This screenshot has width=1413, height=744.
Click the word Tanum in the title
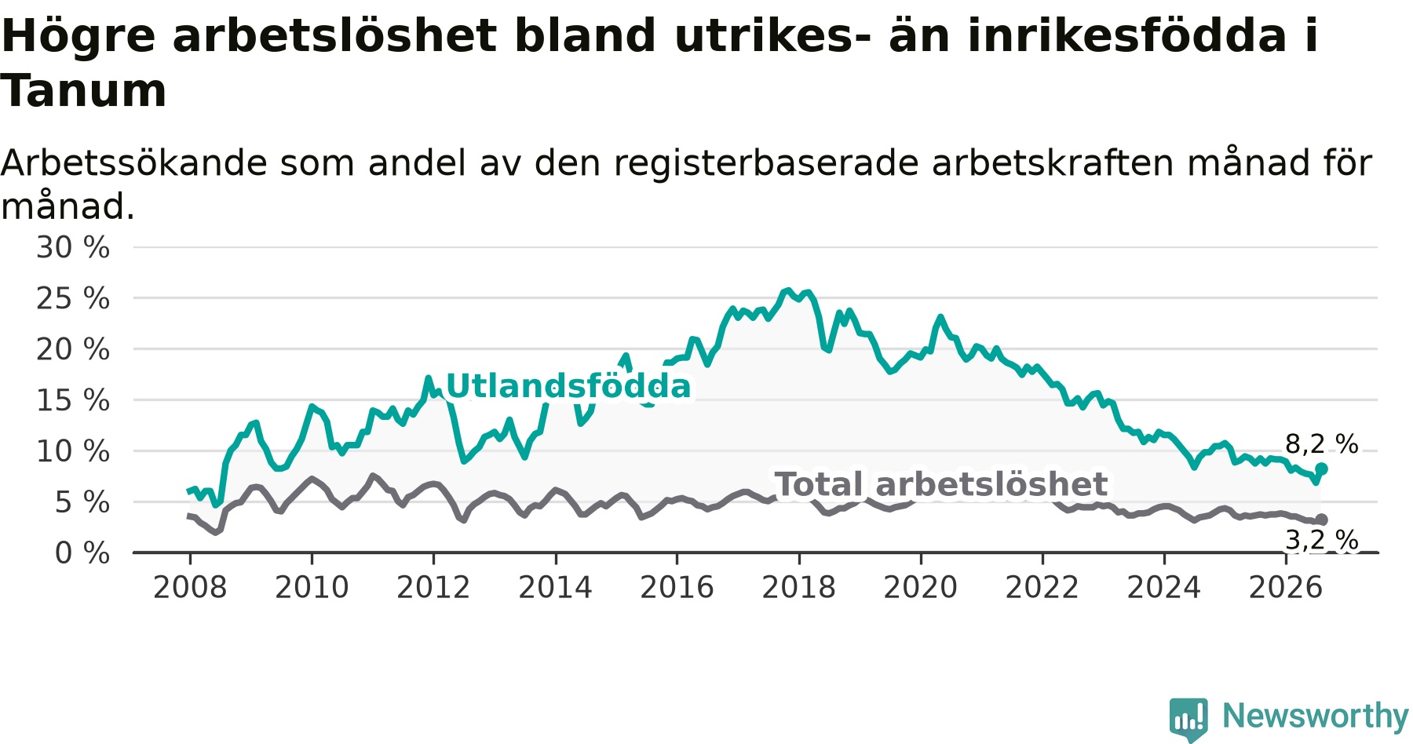pyautogui.click(x=84, y=91)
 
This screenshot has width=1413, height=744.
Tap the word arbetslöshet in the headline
pyautogui.click(x=334, y=36)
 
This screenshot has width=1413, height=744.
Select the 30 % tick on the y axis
pyautogui.click(x=73, y=248)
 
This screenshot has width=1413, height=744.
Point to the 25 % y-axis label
pyautogui.click(x=73, y=299)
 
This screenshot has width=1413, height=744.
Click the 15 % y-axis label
pyautogui.click(x=73, y=401)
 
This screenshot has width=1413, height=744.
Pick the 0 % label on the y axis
pyautogui.click(x=82, y=553)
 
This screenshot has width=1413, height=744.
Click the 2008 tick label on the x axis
pyautogui.click(x=190, y=587)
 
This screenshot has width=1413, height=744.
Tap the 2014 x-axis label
pyautogui.click(x=555, y=587)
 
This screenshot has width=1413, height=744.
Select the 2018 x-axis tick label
pyautogui.click(x=799, y=587)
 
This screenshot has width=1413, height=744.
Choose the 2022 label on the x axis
pyautogui.click(x=1042, y=587)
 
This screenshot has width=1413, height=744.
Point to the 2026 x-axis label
pyautogui.click(x=1286, y=587)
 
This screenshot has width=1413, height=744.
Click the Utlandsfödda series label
pyautogui.click(x=568, y=386)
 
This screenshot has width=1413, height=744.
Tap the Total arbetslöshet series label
pyautogui.click(x=941, y=484)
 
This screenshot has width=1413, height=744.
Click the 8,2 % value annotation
pyautogui.click(x=1322, y=444)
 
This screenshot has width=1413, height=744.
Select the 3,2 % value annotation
pyautogui.click(x=1322, y=540)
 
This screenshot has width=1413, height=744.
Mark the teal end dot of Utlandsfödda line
pyautogui.click(x=1321, y=469)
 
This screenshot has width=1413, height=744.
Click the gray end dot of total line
pyautogui.click(x=1321, y=520)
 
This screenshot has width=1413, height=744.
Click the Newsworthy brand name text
pyautogui.click(x=1316, y=716)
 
